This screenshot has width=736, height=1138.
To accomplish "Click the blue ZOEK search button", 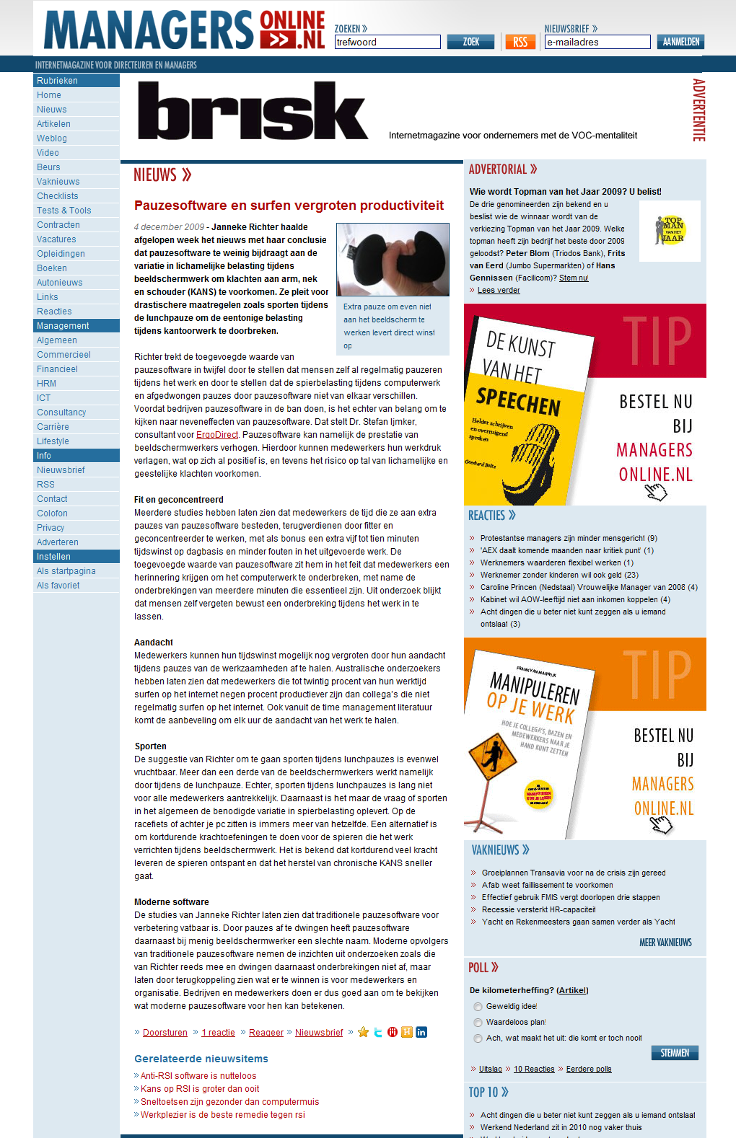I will coord(470,42).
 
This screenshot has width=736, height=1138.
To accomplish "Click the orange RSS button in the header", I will coord(520,42).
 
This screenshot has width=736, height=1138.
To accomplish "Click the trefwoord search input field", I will coord(387,42).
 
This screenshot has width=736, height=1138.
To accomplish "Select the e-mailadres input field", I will coord(597,42).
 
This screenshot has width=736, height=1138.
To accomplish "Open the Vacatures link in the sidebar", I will coord(56,239).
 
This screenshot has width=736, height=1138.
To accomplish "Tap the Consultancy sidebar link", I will coord(61,413).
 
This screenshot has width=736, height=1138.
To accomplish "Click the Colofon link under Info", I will coord(52,513).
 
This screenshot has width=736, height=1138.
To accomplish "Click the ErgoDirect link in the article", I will coord(217,435).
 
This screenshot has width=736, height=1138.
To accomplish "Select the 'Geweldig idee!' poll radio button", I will coord(478,1007).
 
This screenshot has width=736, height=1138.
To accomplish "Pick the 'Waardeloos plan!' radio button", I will coord(478,1023).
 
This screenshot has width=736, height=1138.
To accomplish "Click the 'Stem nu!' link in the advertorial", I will coord(574,278).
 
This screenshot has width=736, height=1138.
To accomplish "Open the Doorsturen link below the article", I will coord(165,1033).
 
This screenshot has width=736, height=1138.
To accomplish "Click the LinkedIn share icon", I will coord(421,1032).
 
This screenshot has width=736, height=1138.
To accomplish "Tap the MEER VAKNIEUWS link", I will coord(665,943).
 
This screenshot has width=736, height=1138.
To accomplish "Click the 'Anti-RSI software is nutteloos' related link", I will coord(198,1076).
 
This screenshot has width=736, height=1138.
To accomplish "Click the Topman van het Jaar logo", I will coord(670,230).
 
